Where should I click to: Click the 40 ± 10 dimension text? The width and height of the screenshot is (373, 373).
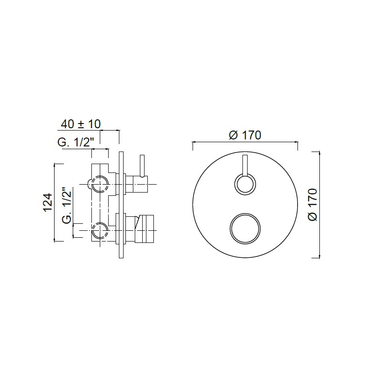81,124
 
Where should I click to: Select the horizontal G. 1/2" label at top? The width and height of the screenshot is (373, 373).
76,143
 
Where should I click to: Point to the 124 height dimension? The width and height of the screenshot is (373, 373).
48,202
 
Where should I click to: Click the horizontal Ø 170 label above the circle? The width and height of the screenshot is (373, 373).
245,135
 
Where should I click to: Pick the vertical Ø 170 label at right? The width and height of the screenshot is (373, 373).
312,205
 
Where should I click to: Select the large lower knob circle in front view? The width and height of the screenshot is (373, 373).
245,228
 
